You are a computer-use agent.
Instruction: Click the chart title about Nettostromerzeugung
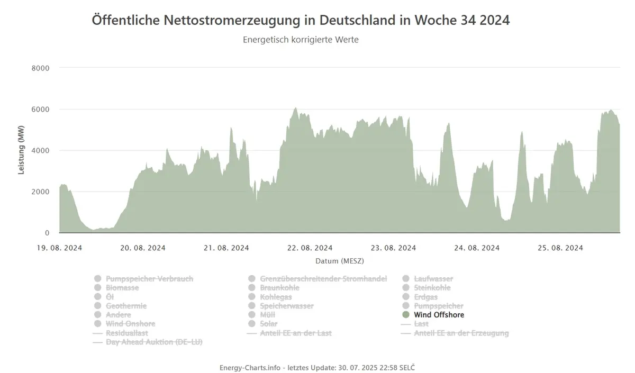click(x=301, y=21)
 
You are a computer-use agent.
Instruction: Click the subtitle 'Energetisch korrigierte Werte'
click(x=301, y=40)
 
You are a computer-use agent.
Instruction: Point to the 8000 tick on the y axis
click(x=40, y=68)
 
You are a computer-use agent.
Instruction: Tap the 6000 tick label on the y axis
click(x=40, y=110)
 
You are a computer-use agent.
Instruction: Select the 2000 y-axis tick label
click(x=40, y=192)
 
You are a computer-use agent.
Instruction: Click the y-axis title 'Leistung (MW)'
click(x=21, y=150)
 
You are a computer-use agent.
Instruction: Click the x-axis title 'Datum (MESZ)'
click(x=340, y=261)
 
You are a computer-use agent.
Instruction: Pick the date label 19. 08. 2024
click(x=59, y=248)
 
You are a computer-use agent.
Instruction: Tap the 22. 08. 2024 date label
click(x=310, y=248)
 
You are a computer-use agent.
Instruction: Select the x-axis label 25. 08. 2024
click(x=560, y=248)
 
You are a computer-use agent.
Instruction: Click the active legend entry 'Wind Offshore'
click(x=439, y=315)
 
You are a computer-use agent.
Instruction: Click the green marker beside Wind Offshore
click(x=406, y=315)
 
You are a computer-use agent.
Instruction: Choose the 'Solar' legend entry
click(x=269, y=324)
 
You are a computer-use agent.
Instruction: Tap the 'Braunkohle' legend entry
click(x=279, y=288)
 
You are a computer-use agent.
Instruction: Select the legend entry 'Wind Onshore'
click(x=130, y=324)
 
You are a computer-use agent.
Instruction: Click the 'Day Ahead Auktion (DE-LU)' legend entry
click(x=154, y=342)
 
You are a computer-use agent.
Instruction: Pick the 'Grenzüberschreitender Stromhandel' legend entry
click(x=323, y=279)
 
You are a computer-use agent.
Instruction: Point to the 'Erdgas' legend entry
click(x=425, y=297)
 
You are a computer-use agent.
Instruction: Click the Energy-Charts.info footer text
click(x=317, y=368)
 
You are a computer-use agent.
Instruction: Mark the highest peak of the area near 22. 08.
click(x=296, y=108)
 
